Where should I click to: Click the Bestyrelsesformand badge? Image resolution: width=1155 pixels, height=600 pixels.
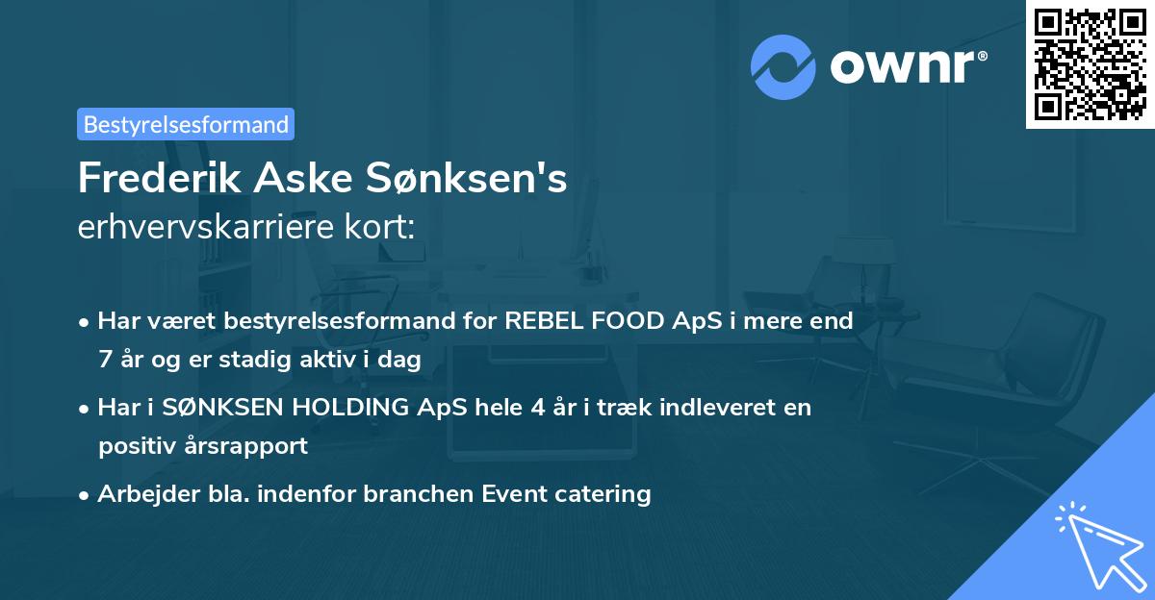point(186,124)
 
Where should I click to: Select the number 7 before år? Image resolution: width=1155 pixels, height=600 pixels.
point(105,359)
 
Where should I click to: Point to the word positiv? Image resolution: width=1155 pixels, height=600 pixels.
point(137,445)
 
